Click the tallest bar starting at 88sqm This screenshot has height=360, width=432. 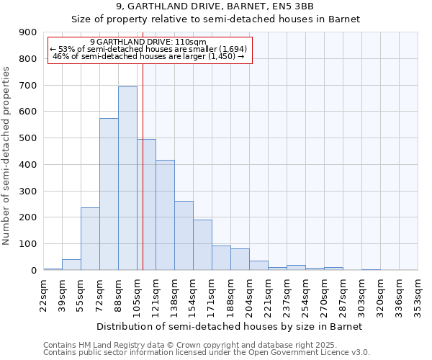tap(127, 179)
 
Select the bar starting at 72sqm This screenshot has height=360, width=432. tap(109, 194)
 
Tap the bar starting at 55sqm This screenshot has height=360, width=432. tap(90, 239)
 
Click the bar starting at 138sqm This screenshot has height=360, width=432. tap(184, 235)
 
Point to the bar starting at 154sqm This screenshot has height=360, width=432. tap(202, 245)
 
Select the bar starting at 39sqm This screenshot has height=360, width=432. tap(71, 264)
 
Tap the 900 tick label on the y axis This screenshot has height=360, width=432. tap(27, 32)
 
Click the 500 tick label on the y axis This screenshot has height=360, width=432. tap(27, 138)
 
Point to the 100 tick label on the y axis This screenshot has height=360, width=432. tap(27, 244)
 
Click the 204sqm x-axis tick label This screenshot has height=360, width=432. tap(250, 294)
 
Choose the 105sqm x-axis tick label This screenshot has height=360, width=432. tap(138, 294)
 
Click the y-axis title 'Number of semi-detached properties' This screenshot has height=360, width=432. tap(6, 156)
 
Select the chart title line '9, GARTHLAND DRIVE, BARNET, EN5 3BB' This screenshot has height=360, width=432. tap(216, 6)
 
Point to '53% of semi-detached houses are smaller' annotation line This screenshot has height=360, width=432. tap(150, 49)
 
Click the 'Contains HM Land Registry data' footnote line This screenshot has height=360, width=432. tap(205, 345)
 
